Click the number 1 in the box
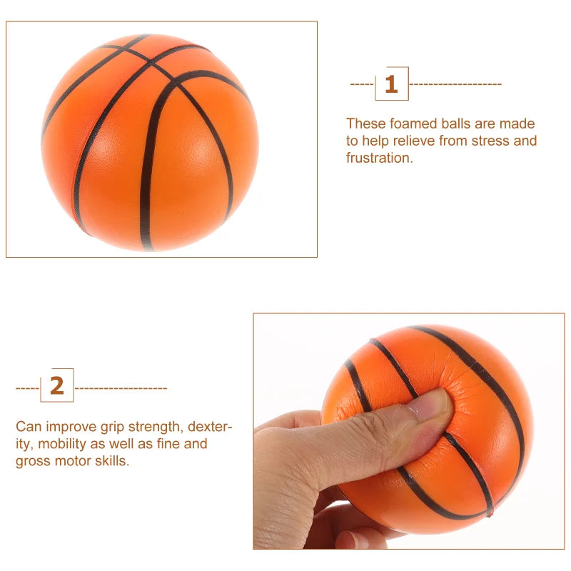391,84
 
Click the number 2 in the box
57,386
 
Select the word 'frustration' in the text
379,158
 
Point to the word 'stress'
491,141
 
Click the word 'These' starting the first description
363,124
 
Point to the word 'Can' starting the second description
27,428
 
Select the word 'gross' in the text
32,461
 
